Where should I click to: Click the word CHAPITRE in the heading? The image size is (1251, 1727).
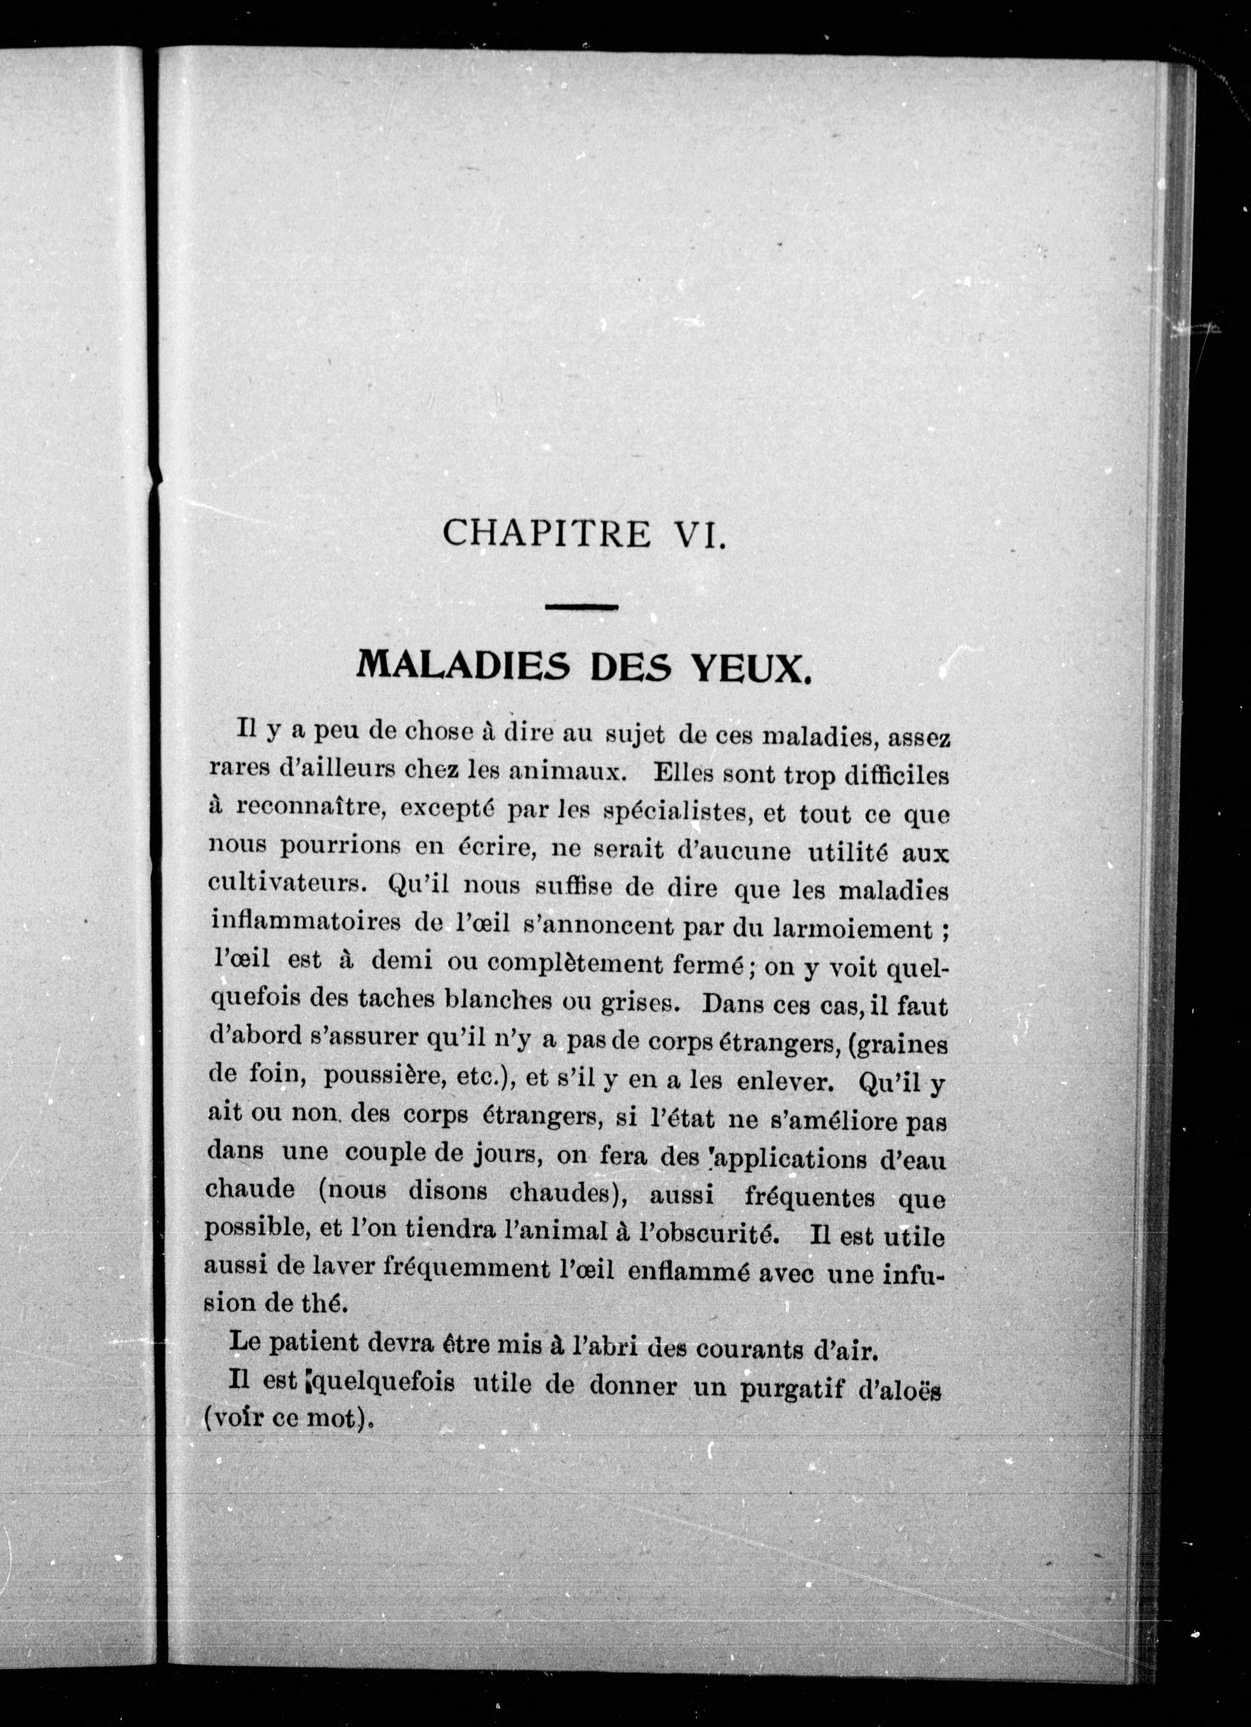pyautogui.click(x=546, y=532)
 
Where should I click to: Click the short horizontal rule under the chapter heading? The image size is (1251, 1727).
pyautogui.click(x=581, y=607)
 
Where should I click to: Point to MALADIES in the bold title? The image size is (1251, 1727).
pyautogui.click(x=463, y=666)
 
